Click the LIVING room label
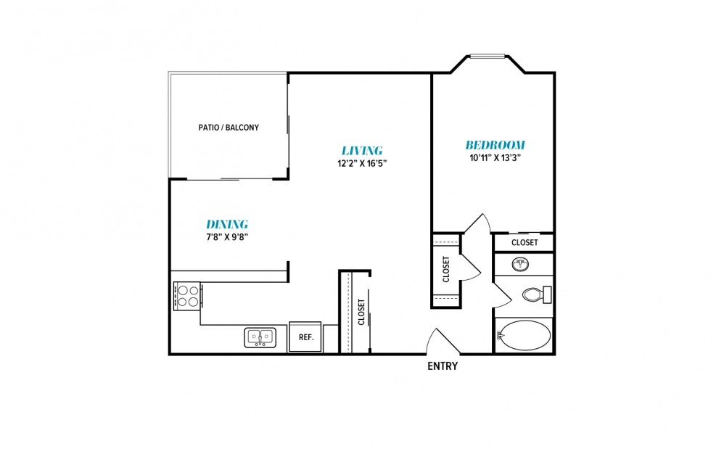(362, 150)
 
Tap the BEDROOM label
(495, 145)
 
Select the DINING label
(227, 224)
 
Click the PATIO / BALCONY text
(229, 128)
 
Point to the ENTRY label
(443, 366)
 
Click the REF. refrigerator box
(305, 337)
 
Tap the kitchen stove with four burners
(187, 296)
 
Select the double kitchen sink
(260, 337)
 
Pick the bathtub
(525, 336)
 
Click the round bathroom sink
(520, 265)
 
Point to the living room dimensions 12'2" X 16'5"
(362, 163)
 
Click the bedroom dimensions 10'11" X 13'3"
(495, 157)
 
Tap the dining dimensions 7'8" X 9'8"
(227, 237)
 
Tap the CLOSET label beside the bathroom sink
(525, 242)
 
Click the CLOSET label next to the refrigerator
(361, 312)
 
